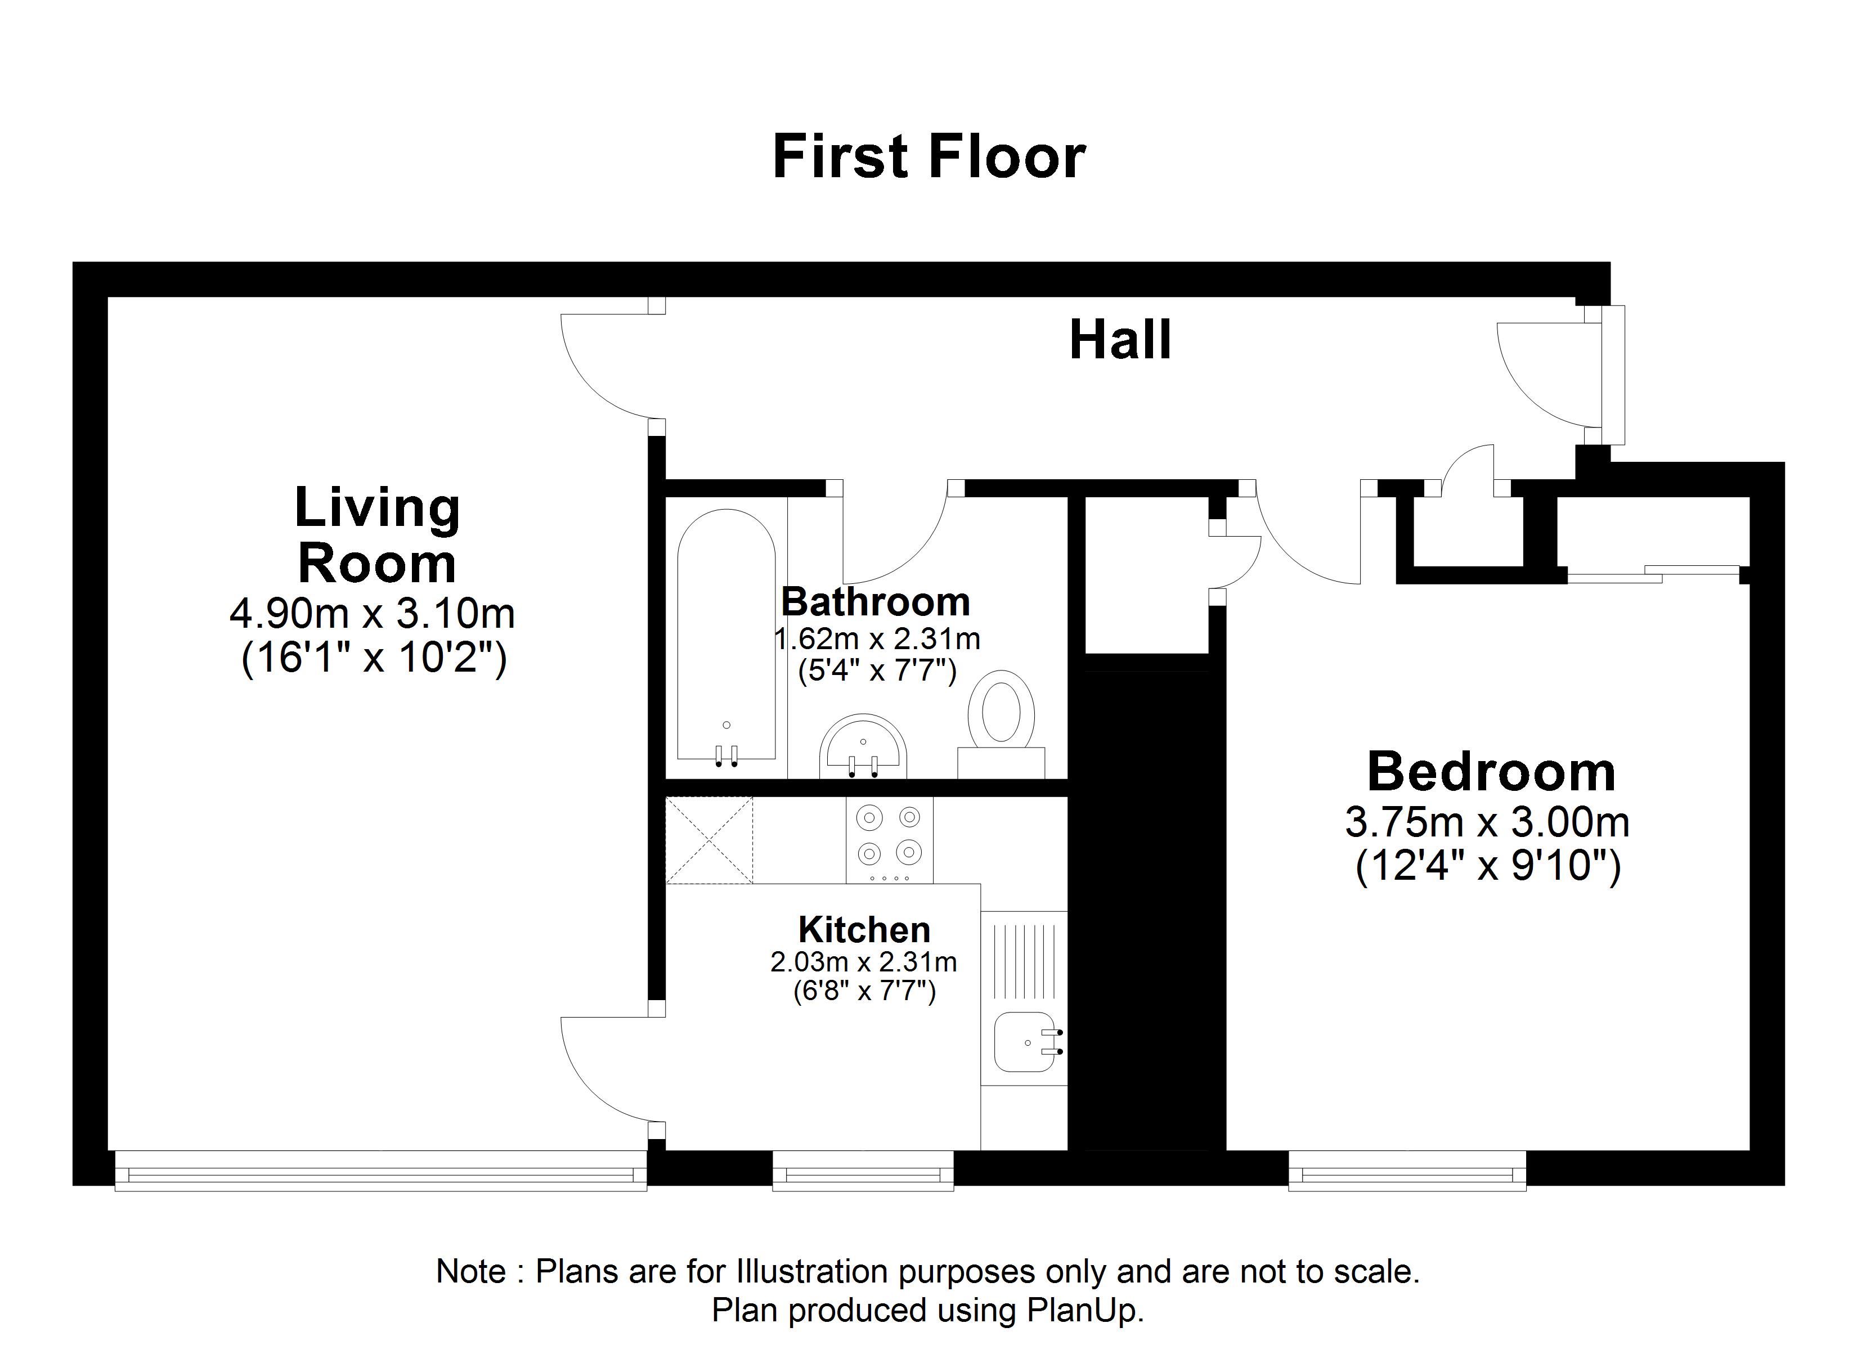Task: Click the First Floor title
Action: click(928, 156)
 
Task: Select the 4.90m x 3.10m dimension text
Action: click(372, 613)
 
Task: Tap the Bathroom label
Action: click(875, 602)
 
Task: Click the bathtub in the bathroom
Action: click(726, 636)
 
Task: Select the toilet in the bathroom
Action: click(1001, 724)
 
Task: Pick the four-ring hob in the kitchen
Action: click(889, 840)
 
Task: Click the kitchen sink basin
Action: click(1028, 1041)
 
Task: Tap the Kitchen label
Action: click(864, 929)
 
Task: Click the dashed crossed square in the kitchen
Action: click(709, 840)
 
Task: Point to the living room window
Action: click(381, 1171)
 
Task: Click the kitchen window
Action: click(863, 1171)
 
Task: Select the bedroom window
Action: click(1407, 1171)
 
